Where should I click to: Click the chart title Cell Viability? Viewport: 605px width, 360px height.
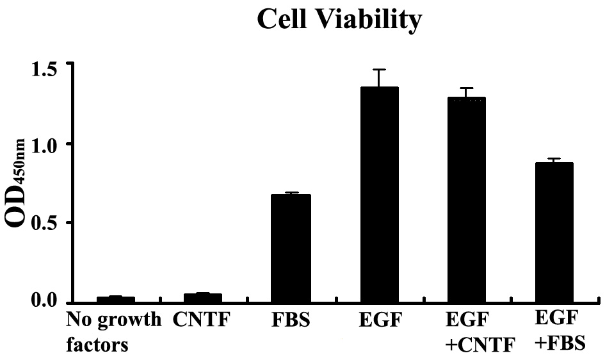click(339, 20)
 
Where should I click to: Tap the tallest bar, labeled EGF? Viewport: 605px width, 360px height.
click(379, 195)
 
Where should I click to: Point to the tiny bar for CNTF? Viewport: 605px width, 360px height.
click(203, 298)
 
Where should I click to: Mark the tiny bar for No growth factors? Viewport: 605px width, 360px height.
click(115, 299)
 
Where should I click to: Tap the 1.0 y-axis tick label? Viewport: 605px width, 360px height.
click(48, 145)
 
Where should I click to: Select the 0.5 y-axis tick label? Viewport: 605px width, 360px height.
click(48, 224)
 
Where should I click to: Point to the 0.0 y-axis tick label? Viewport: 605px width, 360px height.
click(48, 301)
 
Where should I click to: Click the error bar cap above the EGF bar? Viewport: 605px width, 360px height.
click(379, 69)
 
